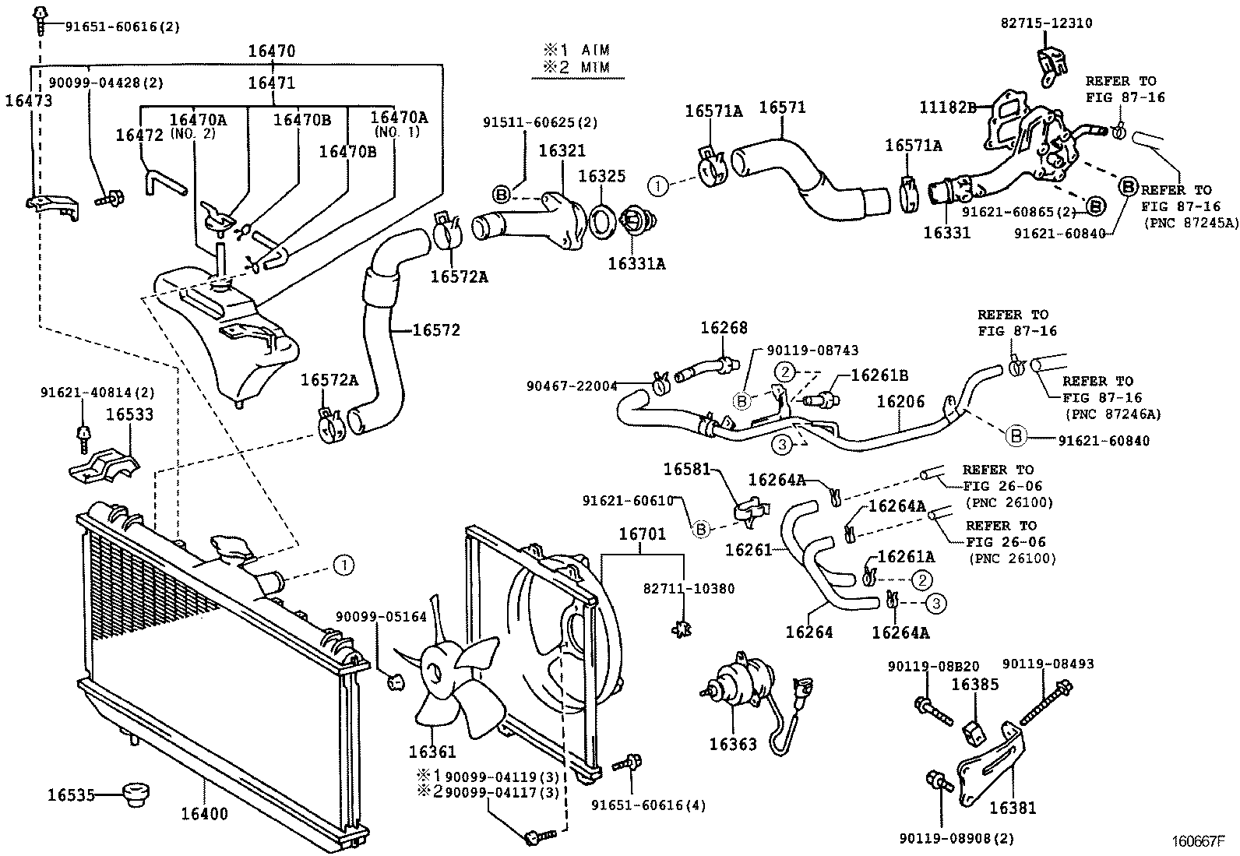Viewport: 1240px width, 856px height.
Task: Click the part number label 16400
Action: pos(205,815)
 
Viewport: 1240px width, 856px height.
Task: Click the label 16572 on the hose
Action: pos(435,330)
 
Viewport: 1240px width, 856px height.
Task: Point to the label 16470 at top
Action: pos(272,51)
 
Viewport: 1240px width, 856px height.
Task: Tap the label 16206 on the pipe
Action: pos(900,402)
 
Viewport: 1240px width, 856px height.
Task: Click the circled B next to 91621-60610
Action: pos(701,530)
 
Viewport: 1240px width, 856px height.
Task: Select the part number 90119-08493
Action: pos(1048,664)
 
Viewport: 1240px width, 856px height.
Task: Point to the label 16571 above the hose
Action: pos(782,107)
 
